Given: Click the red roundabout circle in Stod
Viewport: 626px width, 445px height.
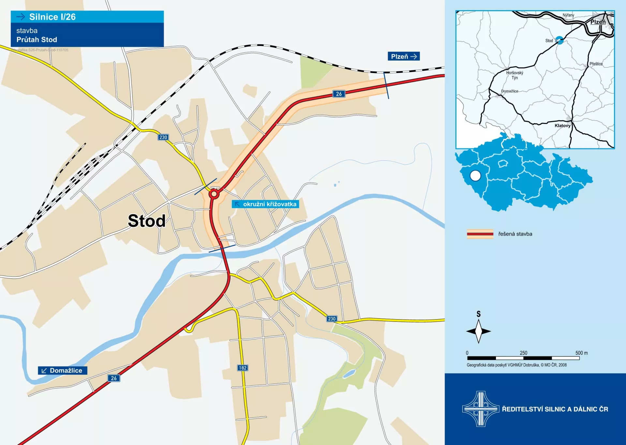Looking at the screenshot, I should point(214,194).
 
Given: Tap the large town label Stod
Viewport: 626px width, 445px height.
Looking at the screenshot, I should point(146,221).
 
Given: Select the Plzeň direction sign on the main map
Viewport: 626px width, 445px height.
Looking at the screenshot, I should point(403,56).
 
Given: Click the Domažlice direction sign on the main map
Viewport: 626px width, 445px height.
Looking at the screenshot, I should point(63,370).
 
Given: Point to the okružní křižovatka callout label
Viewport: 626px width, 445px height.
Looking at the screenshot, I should point(265,204).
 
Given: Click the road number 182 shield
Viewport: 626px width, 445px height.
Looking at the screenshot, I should point(243,368).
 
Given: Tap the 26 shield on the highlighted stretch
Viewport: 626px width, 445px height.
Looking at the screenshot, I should point(339,94).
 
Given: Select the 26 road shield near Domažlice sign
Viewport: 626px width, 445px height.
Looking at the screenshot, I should point(114,378).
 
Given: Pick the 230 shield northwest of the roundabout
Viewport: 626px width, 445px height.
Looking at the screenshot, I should point(163,137).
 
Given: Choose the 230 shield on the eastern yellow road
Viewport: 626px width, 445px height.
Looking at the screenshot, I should point(332,319).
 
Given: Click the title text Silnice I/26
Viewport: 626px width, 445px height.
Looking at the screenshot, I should point(52,17).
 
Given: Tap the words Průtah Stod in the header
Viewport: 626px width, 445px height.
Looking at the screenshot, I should point(37,40).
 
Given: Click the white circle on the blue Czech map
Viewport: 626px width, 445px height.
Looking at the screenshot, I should point(475,176).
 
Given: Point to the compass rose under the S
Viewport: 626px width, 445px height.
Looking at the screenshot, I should point(478,331).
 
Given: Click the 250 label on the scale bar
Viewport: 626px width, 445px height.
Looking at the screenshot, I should point(523,353).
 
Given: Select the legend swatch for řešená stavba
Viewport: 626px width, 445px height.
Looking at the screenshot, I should point(480,234).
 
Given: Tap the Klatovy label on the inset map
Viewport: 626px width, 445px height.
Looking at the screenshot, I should point(562,126).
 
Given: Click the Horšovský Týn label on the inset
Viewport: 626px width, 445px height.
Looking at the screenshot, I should point(514,75).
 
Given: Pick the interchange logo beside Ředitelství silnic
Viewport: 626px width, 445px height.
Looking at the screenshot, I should point(481,409).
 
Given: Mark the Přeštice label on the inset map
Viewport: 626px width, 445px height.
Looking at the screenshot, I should point(596,64).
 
